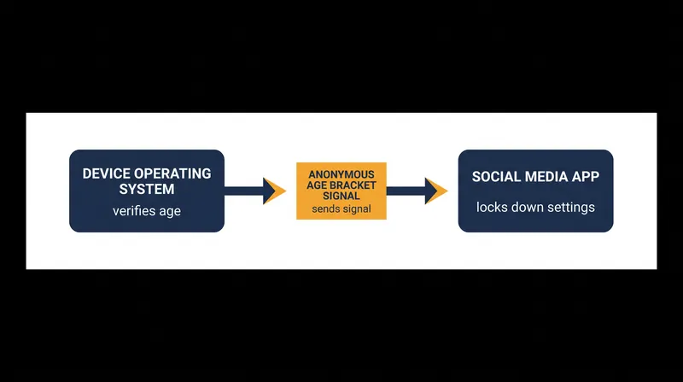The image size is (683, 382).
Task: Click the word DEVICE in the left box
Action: click(x=106, y=173)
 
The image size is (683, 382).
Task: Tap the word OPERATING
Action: click(x=172, y=173)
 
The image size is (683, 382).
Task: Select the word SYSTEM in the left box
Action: click(x=147, y=189)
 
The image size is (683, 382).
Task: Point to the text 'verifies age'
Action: click(x=147, y=211)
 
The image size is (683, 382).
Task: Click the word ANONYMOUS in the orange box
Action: click(x=341, y=174)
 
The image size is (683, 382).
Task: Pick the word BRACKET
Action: click(x=353, y=185)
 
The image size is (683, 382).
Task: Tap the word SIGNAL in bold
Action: click(x=341, y=196)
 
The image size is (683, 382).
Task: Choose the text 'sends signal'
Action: click(x=341, y=209)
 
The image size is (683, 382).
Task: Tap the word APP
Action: click(x=587, y=177)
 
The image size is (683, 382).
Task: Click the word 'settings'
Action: click(x=571, y=208)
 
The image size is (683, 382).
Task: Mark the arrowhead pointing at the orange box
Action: click(x=274, y=191)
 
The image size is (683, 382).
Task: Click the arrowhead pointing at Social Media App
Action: click(x=436, y=191)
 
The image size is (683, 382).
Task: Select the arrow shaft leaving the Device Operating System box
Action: click(x=244, y=191)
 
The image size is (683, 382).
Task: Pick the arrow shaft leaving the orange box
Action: click(x=406, y=191)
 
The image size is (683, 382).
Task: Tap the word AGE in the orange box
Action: click(x=317, y=185)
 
